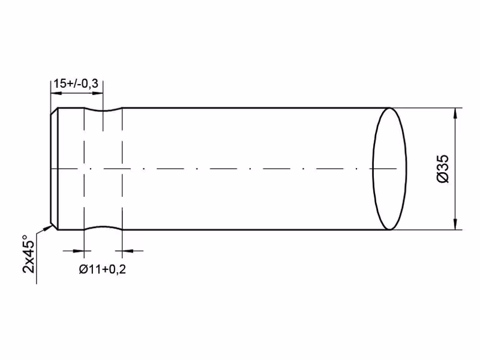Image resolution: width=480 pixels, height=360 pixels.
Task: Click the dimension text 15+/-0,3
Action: coord(76,83)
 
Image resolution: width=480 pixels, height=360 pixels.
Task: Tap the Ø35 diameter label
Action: coord(443,169)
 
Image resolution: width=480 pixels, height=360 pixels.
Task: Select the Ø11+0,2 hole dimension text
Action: coord(102,269)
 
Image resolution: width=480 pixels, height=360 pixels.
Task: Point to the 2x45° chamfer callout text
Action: coord(29,254)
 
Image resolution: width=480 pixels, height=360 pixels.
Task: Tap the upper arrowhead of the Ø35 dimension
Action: coord(456,113)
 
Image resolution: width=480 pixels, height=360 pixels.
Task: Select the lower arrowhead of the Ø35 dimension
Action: coord(456,224)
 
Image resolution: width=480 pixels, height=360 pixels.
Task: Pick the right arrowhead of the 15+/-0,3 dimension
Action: coord(97,93)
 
